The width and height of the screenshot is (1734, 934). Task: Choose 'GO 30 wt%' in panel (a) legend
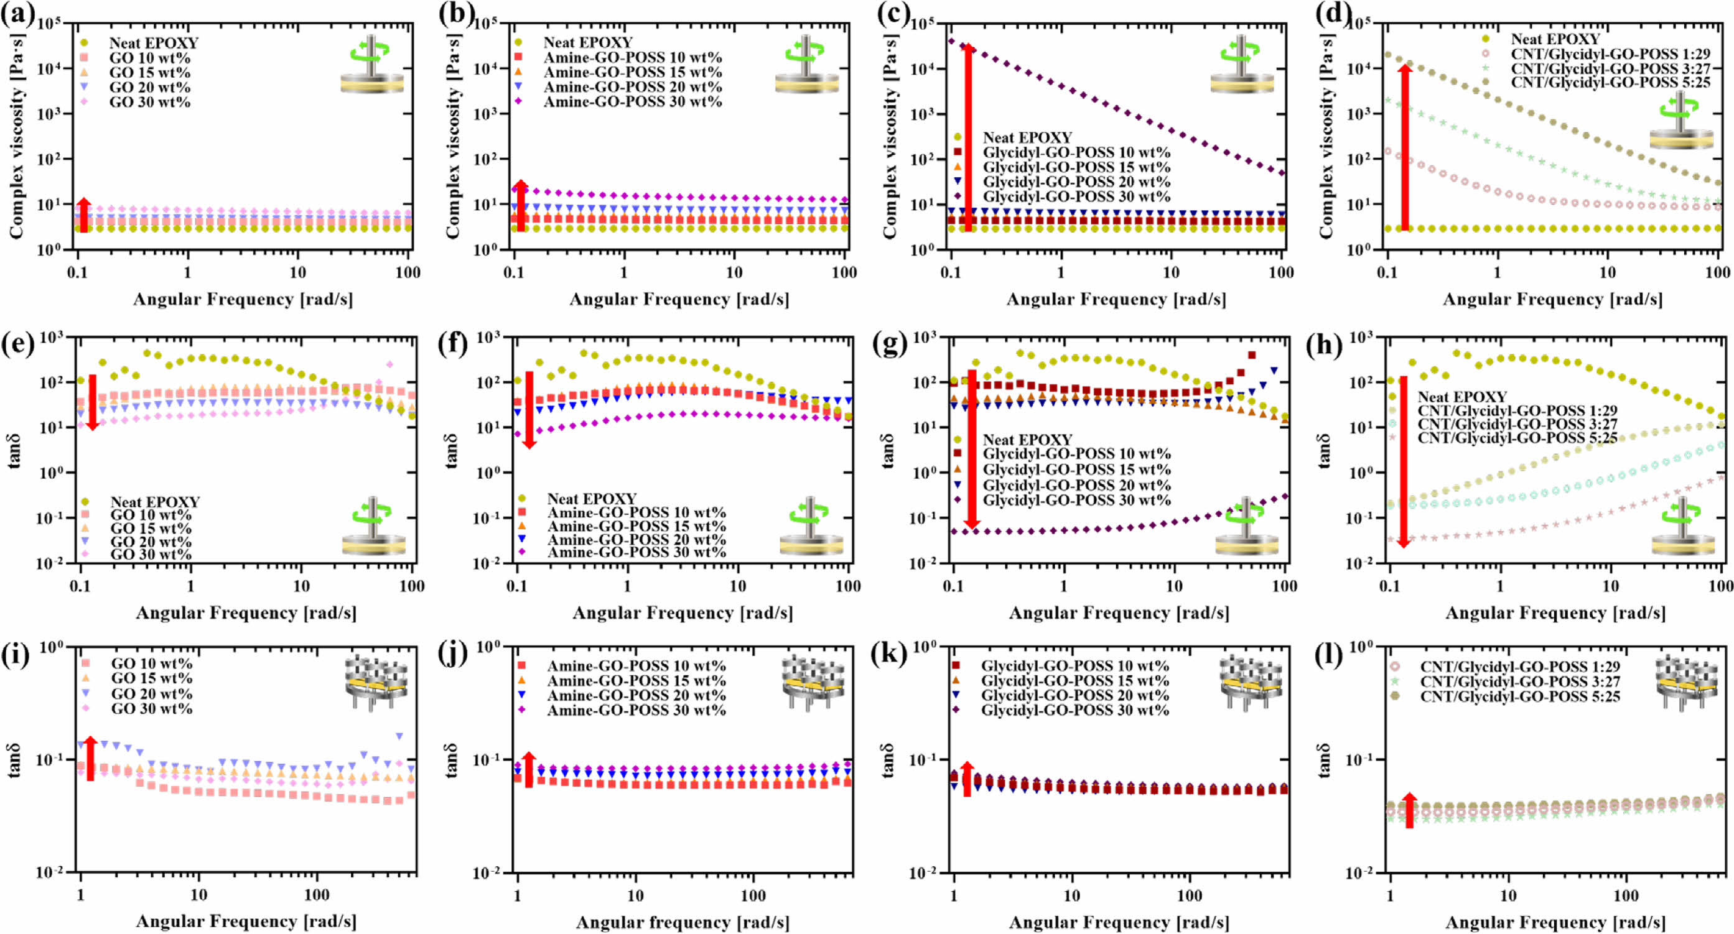tap(149, 102)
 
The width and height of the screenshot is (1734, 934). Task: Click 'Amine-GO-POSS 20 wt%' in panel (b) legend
tap(632, 87)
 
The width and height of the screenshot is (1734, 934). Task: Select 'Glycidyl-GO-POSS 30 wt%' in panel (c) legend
tap(1076, 197)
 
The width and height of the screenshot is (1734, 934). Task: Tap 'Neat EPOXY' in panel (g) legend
tap(1027, 440)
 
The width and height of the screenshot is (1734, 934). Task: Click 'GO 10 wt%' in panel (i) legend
tap(151, 664)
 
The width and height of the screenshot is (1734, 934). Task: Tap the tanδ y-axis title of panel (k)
tap(888, 761)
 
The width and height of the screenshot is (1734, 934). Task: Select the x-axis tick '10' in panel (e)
tap(301, 586)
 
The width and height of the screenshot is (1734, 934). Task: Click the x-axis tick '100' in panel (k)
tap(1190, 895)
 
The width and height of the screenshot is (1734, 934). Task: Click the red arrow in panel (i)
tap(90, 759)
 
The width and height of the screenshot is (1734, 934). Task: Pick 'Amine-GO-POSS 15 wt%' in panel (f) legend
tap(636, 526)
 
